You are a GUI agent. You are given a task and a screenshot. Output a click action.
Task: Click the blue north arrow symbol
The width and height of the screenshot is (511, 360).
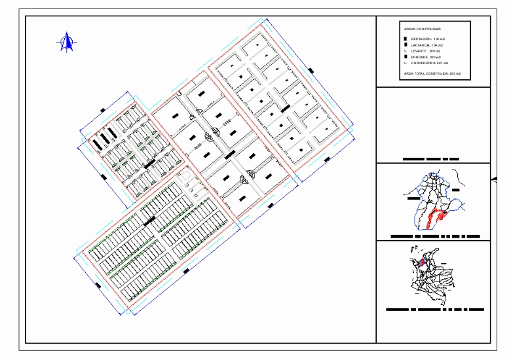pos(66,43)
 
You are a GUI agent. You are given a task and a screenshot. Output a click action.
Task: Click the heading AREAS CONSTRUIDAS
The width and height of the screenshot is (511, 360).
pos(423,29)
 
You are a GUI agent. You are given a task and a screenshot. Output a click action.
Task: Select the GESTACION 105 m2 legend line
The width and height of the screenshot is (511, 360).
pos(428,40)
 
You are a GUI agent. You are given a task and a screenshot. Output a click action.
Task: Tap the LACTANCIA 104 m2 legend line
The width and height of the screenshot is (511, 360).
pos(428,45)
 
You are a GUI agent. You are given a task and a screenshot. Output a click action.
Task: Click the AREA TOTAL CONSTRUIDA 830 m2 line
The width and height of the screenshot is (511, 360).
pos(432,74)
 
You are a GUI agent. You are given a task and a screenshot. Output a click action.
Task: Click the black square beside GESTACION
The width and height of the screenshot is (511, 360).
pos(406,40)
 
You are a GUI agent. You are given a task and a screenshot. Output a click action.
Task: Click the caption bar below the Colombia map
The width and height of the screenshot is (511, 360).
pos(435,308)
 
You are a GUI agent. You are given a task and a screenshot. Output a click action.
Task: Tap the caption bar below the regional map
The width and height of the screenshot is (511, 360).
pos(435,236)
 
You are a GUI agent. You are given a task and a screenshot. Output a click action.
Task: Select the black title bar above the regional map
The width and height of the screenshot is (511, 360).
pos(431,159)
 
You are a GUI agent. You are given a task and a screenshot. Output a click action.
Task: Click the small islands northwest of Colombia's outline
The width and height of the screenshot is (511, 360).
pos(413,247)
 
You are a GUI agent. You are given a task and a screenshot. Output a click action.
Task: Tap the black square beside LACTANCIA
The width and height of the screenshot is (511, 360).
pos(406,45)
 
